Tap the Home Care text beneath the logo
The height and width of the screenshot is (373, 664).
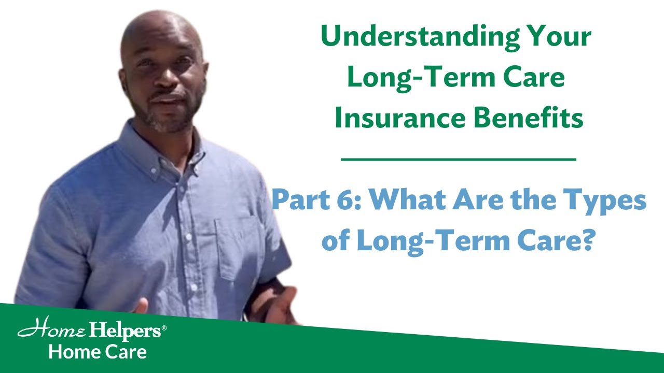click(98, 352)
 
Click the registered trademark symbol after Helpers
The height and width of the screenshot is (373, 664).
click(164, 328)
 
